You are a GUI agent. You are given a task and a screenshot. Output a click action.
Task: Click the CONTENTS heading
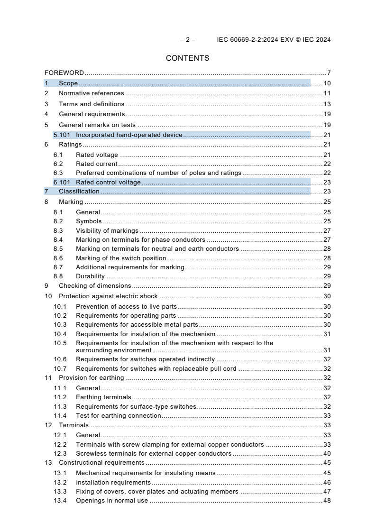coord(187,58)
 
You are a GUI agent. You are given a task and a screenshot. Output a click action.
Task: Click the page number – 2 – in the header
coord(188,40)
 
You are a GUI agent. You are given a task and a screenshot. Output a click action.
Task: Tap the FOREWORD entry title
coord(64,73)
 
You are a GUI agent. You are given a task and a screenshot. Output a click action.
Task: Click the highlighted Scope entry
coord(68,83)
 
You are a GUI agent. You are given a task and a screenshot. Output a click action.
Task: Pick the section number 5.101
coord(62,135)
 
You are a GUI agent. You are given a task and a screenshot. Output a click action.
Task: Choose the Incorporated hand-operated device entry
coord(129,135)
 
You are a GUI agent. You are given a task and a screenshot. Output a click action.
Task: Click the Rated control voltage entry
coord(108,183)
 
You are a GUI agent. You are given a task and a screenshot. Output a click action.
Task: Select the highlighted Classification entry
coord(79,192)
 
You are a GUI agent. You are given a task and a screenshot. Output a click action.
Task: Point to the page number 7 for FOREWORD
coord(329,73)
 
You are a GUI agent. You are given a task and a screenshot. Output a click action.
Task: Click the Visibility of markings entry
coord(107,231)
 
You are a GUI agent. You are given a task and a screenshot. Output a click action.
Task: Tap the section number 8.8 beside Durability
coord(58,276)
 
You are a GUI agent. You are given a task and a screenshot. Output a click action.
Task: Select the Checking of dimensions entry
coord(95,286)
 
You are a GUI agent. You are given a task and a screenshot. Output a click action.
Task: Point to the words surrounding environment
coord(114,350)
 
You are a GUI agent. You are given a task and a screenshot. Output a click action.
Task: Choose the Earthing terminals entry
coord(103,397)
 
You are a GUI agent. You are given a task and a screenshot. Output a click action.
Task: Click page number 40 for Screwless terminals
coord(327,454)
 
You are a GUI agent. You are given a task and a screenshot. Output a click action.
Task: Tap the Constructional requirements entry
coord(101,463)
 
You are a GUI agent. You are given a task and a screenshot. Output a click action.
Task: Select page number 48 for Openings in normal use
coord(327,501)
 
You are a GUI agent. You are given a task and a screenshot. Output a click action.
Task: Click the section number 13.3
coord(60,492)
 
